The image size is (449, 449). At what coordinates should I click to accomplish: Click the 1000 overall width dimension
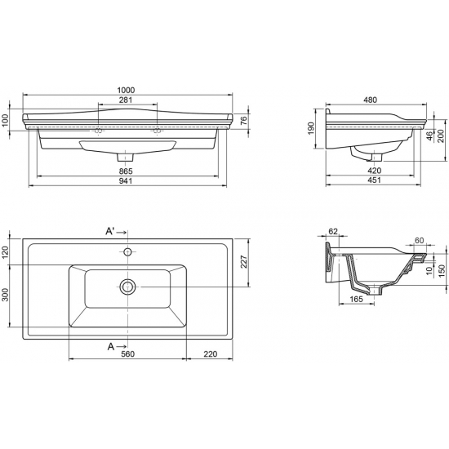126,90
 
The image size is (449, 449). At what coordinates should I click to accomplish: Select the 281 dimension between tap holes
126,100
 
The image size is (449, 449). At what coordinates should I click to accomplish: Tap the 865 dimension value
126,171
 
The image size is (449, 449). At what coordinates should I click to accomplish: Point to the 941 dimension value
126,181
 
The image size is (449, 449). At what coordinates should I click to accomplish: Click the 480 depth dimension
371,100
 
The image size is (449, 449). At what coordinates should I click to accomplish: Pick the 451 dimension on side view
374,180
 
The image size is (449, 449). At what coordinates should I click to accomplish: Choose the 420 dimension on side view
374,171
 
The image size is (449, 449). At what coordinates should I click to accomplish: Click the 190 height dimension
311,128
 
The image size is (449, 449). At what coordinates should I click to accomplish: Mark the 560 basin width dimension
127,354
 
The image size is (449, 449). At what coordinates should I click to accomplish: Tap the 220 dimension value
211,354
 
